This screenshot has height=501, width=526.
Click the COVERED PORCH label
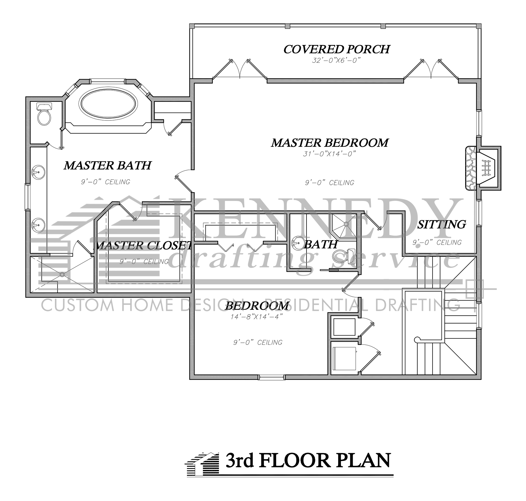(336, 49)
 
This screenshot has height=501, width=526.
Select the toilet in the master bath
(44, 113)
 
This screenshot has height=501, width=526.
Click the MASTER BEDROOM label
(330, 143)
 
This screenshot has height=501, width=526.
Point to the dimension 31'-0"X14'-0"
(329, 154)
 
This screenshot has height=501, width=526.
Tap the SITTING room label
(441, 224)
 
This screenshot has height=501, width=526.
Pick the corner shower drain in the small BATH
(346, 224)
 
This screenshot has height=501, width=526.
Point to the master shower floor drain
(62, 274)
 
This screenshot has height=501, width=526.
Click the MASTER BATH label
(108, 166)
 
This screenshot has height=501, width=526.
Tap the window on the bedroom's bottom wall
(271, 378)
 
